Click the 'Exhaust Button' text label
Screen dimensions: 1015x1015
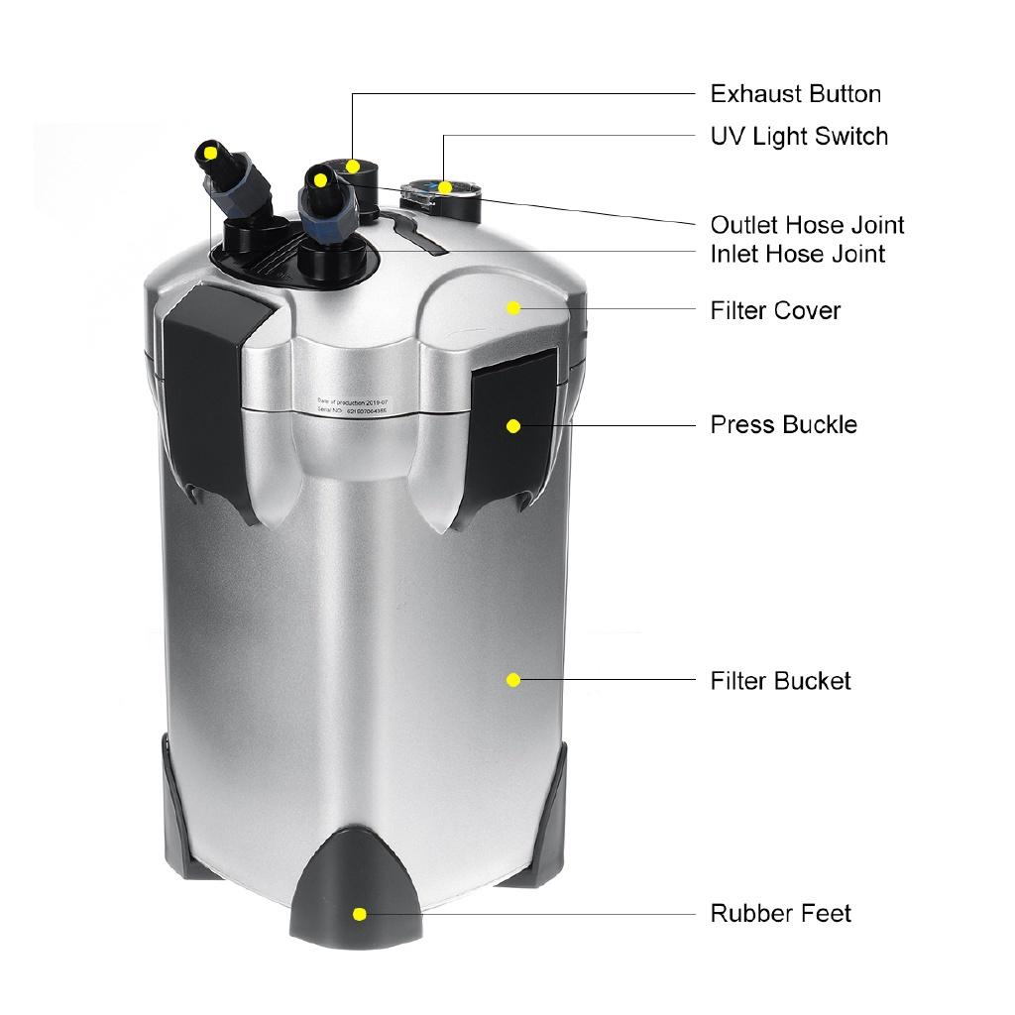click(x=795, y=94)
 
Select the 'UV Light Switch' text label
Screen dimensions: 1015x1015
click(x=799, y=136)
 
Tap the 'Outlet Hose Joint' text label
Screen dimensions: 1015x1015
click(x=807, y=225)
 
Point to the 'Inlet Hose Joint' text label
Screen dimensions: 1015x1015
click(x=797, y=254)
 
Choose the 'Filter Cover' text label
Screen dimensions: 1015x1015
click(x=775, y=310)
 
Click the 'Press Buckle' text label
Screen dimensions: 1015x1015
click(x=783, y=424)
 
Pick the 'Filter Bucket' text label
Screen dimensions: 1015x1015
click(x=780, y=681)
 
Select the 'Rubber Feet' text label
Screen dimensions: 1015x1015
click(x=780, y=913)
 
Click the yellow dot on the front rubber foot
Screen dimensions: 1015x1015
click(x=360, y=913)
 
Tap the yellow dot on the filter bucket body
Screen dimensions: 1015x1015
click(x=513, y=680)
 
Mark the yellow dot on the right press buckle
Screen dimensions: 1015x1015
click(x=513, y=426)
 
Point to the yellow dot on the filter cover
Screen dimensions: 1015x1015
click(x=513, y=308)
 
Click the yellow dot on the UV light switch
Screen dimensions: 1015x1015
click(x=446, y=186)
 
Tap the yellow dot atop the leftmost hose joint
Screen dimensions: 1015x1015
click(x=211, y=153)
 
